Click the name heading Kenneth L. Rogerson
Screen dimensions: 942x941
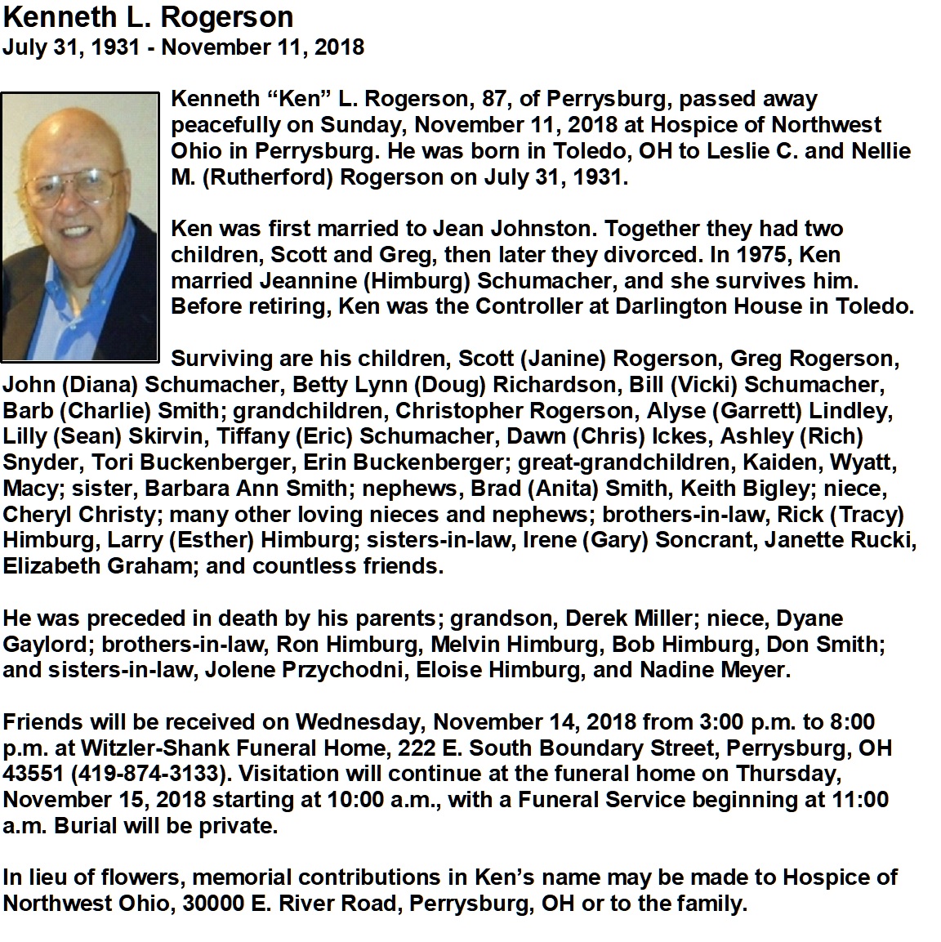click(x=148, y=17)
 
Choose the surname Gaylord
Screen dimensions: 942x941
click(x=48, y=645)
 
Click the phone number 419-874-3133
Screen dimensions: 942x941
click(x=140, y=774)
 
